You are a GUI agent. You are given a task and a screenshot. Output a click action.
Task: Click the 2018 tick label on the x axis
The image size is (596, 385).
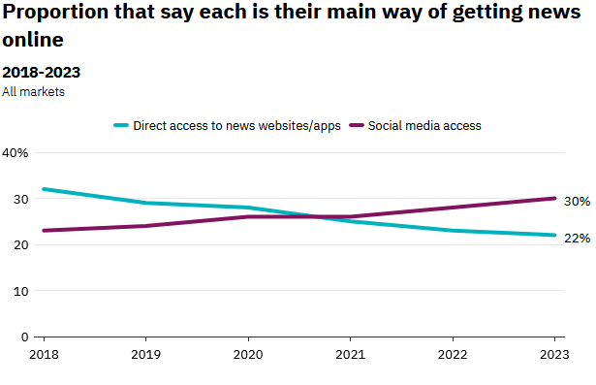pos(44,355)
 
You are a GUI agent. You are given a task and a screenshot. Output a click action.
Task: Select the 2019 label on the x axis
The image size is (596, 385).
pos(146,355)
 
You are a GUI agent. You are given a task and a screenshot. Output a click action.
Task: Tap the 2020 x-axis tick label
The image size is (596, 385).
pos(248,355)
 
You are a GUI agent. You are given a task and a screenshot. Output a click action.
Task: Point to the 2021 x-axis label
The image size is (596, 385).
pos(350,355)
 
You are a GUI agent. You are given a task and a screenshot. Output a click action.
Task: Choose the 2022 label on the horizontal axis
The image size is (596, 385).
pos(453,355)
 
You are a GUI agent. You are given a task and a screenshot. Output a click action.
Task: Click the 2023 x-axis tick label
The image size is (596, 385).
pos(554,355)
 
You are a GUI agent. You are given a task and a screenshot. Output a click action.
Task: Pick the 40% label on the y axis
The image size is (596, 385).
pos(16,153)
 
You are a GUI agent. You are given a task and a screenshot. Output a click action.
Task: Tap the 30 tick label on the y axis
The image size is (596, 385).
pos(21,199)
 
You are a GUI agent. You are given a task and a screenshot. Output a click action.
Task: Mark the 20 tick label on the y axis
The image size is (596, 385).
pos(21,245)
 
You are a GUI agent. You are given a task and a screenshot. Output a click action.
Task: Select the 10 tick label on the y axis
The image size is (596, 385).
pos(21,291)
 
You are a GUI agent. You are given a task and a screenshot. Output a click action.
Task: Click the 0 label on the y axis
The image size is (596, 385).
pos(24,337)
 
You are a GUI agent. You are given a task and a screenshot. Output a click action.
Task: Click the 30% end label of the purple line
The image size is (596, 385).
pos(577,202)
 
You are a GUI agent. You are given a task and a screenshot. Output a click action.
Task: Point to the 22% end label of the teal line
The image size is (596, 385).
pos(577,239)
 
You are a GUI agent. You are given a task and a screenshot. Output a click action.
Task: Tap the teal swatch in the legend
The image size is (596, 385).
pos(121,125)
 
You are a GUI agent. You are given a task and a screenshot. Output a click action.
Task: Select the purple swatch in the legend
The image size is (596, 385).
pos(357,125)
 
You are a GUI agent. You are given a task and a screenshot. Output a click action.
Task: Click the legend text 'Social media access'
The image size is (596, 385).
pos(424,125)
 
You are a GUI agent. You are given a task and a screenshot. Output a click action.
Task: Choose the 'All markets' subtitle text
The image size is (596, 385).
pos(34,92)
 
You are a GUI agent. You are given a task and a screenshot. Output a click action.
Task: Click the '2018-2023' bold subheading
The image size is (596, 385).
pos(42,73)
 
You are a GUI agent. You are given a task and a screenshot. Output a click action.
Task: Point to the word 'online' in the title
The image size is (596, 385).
pos(33,40)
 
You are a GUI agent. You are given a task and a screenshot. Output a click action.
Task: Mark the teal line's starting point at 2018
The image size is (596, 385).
pos(44,189)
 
